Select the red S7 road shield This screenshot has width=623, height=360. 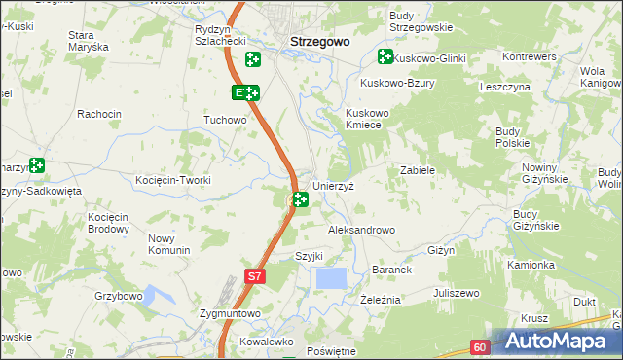[253, 276]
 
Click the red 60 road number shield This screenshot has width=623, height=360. [480, 346]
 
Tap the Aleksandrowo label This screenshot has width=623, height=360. [361, 230]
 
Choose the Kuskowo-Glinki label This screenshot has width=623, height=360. [429, 59]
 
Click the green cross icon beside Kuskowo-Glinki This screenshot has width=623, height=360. [384, 58]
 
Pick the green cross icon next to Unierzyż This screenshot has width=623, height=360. [301, 199]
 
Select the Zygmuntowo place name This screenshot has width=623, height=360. [230, 313]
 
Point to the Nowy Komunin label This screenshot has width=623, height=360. [168, 244]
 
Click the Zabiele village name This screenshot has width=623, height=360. [417, 169]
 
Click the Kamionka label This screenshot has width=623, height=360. [531, 264]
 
